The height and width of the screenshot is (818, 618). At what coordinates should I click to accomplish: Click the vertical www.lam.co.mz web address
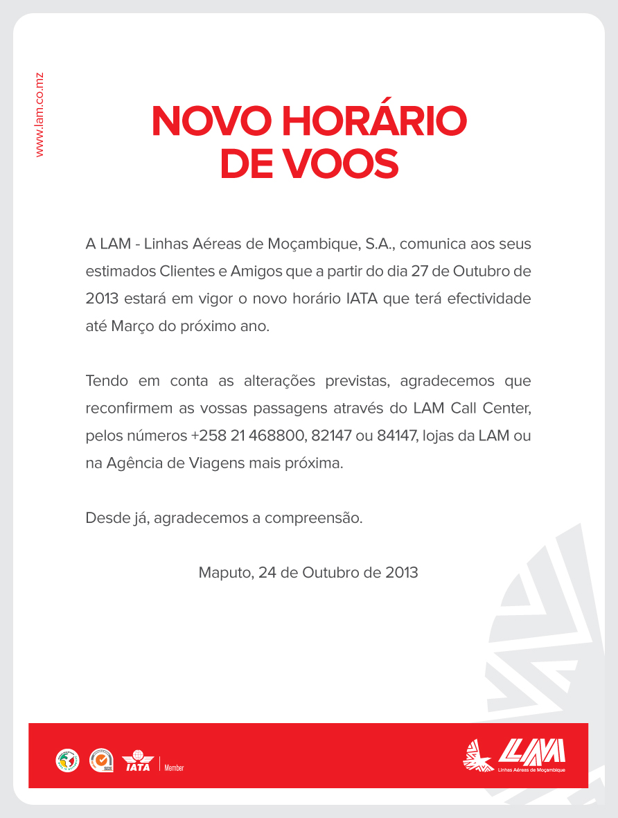pyautogui.click(x=39, y=114)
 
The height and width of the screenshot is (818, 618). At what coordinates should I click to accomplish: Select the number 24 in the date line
pyautogui.click(x=267, y=573)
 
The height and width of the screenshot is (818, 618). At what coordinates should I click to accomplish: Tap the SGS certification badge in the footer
pyautogui.click(x=101, y=761)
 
